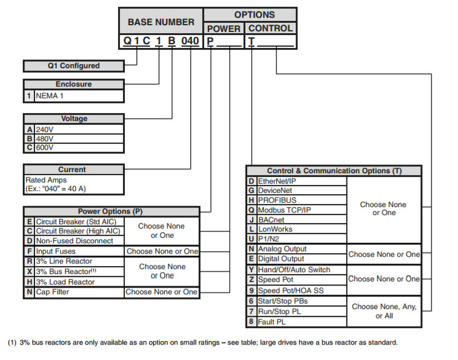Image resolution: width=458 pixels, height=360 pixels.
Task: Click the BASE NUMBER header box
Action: click(x=160, y=22)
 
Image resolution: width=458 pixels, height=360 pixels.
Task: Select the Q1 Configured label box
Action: click(x=73, y=66)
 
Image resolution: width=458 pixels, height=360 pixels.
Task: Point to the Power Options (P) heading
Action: click(x=110, y=211)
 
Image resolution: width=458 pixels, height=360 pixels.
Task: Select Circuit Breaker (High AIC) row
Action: click(x=77, y=231)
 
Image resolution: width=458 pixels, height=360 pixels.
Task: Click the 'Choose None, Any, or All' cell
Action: click(x=384, y=311)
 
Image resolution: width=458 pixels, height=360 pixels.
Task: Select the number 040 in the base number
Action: click(x=191, y=42)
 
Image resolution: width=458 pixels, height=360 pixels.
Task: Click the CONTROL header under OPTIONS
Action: click(x=270, y=28)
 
